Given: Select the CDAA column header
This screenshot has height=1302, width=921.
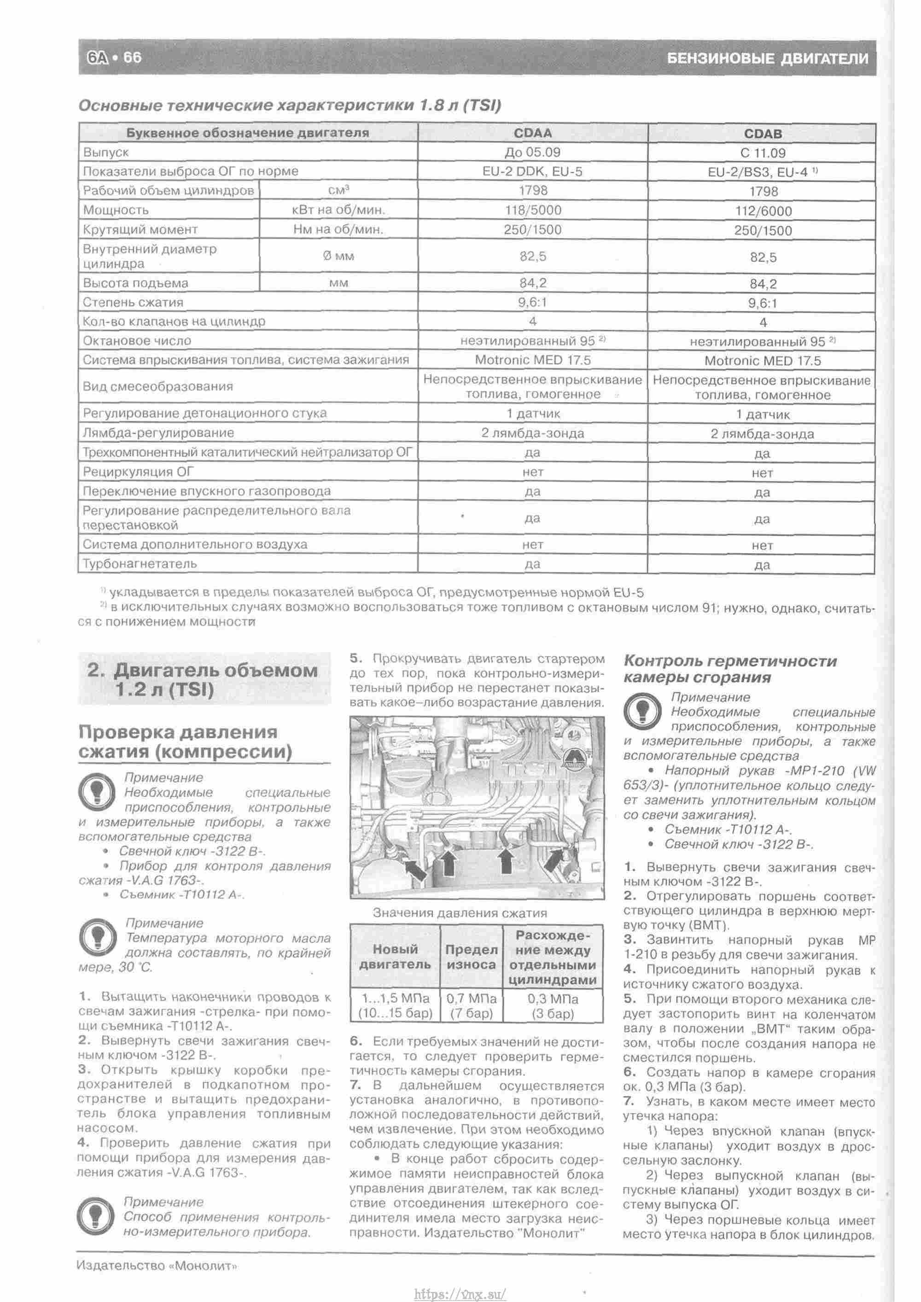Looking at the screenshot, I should click(532, 133).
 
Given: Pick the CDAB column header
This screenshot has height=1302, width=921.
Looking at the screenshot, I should click(762, 134).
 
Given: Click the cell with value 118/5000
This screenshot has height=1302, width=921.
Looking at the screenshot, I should click(532, 210).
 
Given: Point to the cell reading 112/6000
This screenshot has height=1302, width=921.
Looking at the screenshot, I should click(762, 211).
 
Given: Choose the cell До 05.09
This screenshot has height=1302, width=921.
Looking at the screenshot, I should click(532, 152).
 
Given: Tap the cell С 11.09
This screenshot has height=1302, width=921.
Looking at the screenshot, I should click(762, 153).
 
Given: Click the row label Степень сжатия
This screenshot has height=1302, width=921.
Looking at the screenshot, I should click(133, 302).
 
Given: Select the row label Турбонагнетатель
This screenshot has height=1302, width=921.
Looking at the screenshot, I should click(140, 564).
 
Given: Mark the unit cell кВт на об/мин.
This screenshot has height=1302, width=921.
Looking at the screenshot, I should click(338, 210).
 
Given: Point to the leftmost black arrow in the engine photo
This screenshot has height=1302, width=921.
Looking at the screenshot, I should click(414, 867).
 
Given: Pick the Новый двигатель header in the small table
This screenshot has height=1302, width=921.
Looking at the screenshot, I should click(395, 957).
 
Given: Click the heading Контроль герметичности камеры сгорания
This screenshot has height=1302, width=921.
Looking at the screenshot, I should click(729, 669).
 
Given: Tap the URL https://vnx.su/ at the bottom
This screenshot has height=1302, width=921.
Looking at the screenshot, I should click(460, 1289).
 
